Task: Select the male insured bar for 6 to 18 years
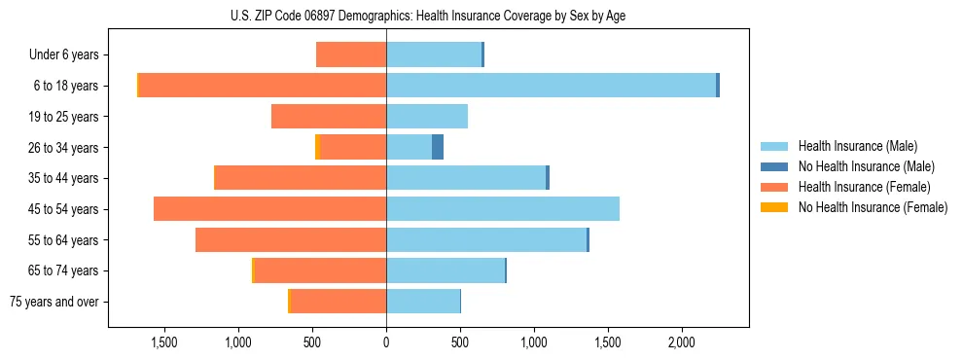point(551,86)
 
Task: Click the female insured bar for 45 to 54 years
point(269,209)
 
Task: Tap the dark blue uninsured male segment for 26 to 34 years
point(438,147)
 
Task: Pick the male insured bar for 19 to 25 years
point(427,117)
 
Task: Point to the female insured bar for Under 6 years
point(351,54)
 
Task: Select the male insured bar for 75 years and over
point(423,302)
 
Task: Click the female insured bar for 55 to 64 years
point(291,240)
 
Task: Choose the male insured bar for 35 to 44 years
point(466,178)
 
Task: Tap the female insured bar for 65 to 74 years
point(320,270)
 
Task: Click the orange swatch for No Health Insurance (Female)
point(775,207)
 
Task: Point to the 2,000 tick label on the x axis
point(681,342)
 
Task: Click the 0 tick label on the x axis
point(386,342)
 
